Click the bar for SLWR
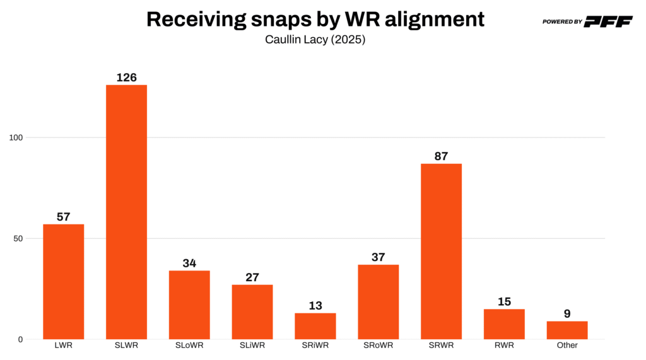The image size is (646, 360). coord(126,212)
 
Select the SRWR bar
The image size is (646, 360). coord(441,251)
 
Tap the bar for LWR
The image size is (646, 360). coord(63,281)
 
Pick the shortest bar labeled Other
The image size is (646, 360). coord(567,330)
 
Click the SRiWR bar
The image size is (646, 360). coord(315,326)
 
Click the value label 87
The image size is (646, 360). coord(441,156)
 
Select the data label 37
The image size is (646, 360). coord(378,257)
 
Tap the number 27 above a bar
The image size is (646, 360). coord(252,277)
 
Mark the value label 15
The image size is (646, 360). coord(504,301)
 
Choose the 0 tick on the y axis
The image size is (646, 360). coord(20,339)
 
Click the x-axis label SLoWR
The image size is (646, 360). coord(189,345)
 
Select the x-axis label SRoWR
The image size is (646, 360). coord(378,345)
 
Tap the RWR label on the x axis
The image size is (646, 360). coord(504,345)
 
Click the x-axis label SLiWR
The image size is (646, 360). coord(252,345)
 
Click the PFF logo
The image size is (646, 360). coord(608,21)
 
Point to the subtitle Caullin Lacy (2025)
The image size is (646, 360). coord(315,40)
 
